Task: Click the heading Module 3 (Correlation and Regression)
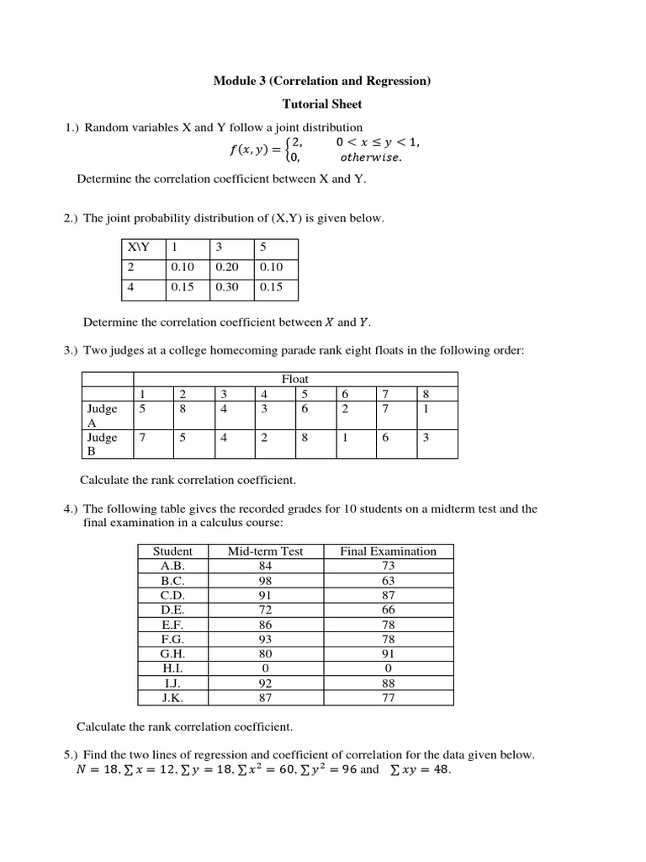(x=322, y=81)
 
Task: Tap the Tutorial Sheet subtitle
(x=322, y=104)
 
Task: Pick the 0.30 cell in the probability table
(x=227, y=287)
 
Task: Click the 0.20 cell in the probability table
(x=227, y=268)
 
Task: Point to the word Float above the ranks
(x=294, y=380)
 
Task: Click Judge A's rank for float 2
(x=183, y=408)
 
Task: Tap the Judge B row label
(x=103, y=444)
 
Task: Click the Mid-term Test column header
(x=265, y=551)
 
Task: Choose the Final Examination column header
(x=388, y=551)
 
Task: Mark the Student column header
(x=172, y=551)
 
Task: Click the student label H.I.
(x=172, y=668)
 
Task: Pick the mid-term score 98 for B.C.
(x=265, y=581)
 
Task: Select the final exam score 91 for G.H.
(x=388, y=653)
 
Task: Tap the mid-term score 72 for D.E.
(x=265, y=609)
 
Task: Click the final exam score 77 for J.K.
(x=388, y=697)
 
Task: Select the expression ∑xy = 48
(x=417, y=770)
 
